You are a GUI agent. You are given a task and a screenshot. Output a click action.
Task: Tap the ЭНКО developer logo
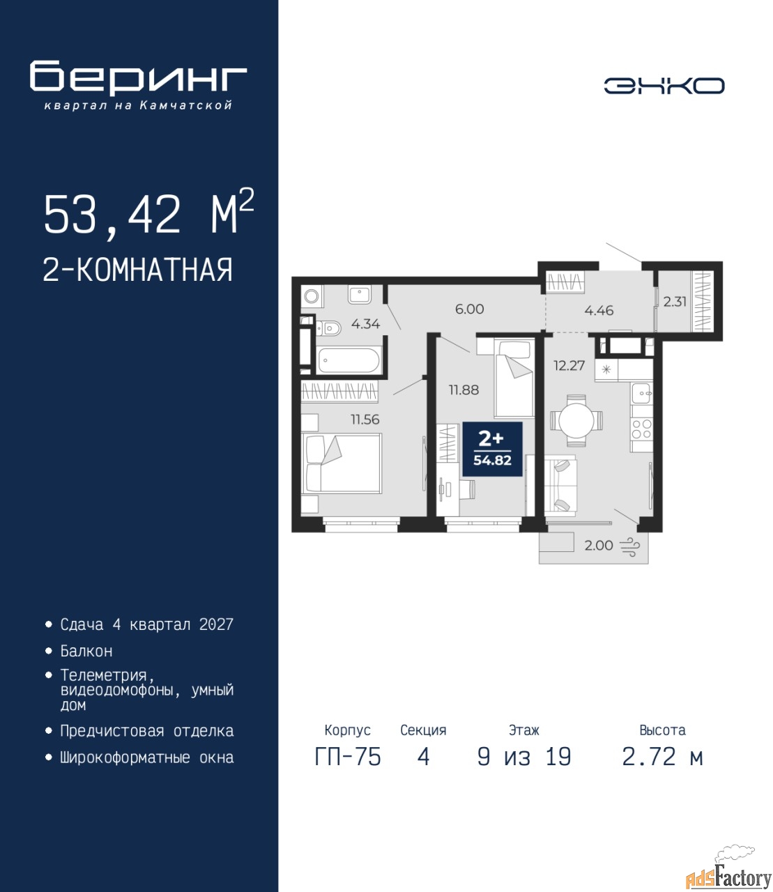pos(664,86)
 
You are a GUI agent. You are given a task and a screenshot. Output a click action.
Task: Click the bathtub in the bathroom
pos(349,360)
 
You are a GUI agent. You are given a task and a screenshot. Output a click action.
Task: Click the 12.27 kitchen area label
pos(569,366)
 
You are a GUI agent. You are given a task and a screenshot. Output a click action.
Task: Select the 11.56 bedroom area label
pos(365,419)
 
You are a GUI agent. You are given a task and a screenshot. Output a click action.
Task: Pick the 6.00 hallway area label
pos(470,309)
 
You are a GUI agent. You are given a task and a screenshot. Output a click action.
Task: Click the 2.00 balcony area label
pos(599,546)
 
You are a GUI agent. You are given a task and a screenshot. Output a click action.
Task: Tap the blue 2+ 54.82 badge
pos(493,449)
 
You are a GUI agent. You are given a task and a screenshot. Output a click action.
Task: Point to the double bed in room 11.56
pos(341,463)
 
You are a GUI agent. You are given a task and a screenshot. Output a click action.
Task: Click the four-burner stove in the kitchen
pos(641,429)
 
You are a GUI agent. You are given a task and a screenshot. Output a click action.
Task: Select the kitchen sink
pos(642,393)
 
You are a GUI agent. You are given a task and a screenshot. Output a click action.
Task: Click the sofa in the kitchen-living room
pos(560,485)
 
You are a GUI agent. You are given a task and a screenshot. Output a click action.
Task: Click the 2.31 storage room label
pos(675,301)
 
